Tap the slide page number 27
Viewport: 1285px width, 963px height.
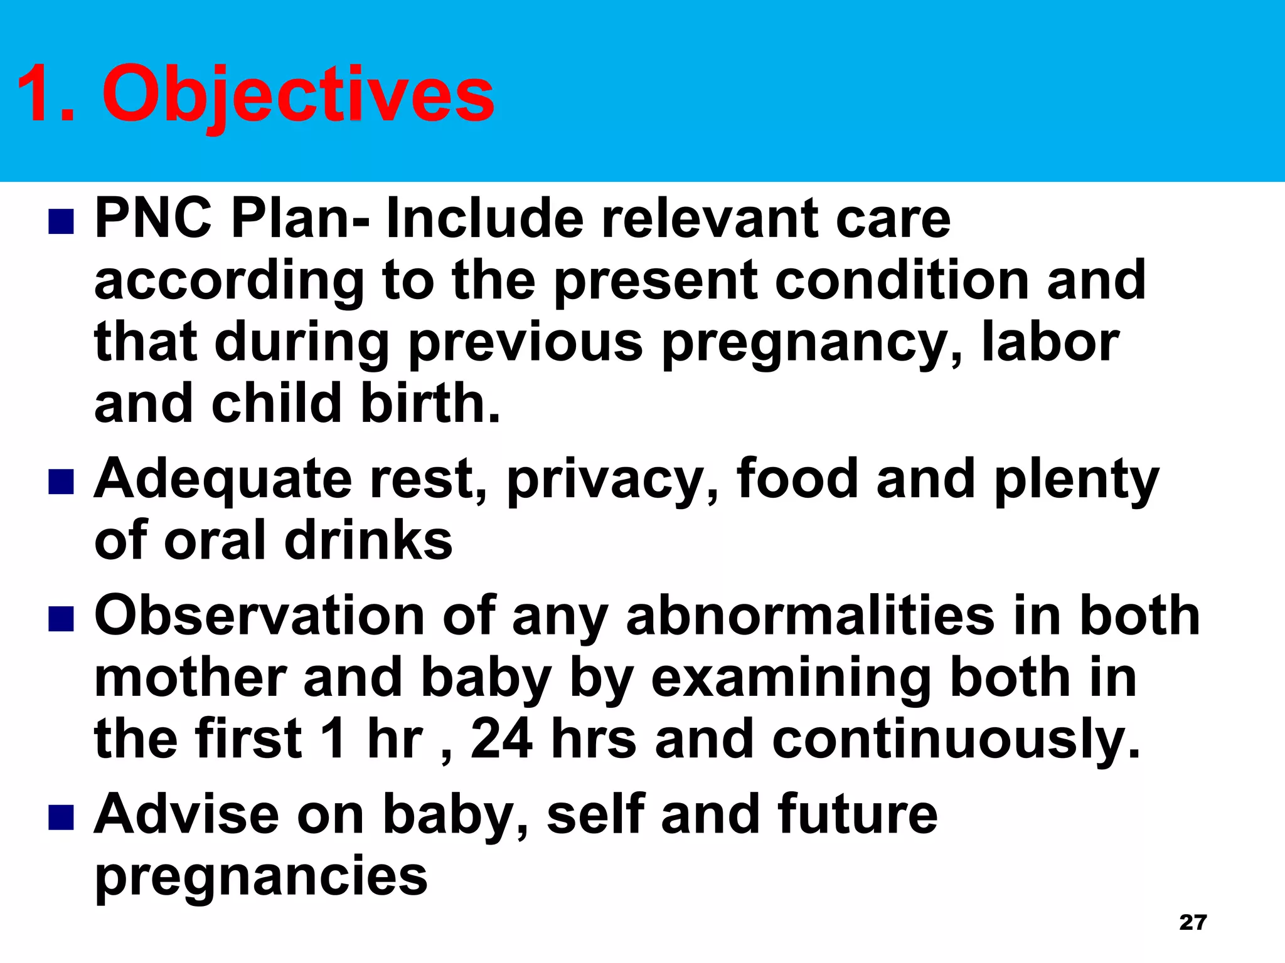[x=1193, y=922]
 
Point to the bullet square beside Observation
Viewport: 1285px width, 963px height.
[x=61, y=618]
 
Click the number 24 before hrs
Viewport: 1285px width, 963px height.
[x=501, y=739]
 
